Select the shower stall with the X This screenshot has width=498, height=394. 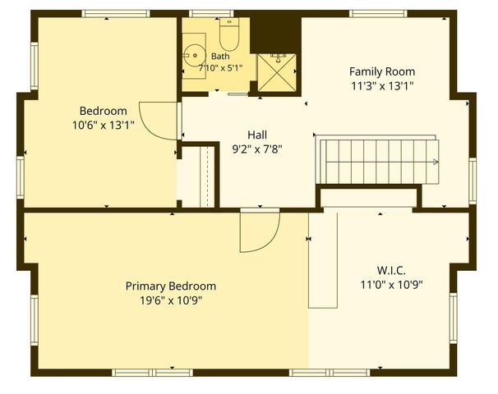coord(277,73)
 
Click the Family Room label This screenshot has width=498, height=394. coord(382,71)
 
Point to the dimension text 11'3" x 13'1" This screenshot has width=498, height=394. coord(382,85)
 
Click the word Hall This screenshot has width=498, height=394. coord(257,135)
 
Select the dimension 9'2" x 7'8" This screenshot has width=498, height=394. coord(257,149)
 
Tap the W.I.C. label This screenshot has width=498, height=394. coord(391,271)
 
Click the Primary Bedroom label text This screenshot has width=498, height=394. coord(171,286)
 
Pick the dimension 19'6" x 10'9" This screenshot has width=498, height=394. coord(171,300)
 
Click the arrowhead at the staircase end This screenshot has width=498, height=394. coord(436,162)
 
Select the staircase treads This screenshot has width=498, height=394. coord(379,162)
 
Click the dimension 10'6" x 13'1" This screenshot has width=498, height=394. coord(104,126)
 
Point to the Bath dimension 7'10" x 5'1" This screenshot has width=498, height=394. coord(220,68)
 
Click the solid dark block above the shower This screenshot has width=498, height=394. coord(275,34)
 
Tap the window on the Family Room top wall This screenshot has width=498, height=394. coord(378,14)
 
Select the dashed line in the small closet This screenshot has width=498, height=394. coord(207,176)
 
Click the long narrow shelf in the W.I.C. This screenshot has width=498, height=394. coord(323,260)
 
